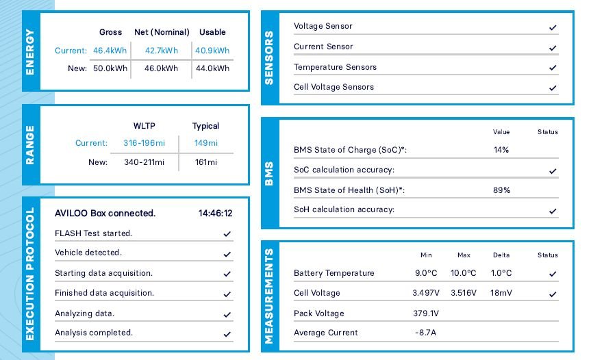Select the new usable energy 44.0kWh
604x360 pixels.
point(212,68)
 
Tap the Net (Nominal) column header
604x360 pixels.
point(162,32)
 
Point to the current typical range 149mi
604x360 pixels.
point(205,143)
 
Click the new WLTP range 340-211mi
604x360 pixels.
point(144,162)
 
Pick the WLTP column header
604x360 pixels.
point(144,126)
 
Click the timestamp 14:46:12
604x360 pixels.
point(216,213)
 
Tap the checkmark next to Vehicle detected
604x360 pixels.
point(227,253)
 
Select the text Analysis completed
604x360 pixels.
point(94,333)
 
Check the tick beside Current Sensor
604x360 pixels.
point(552,48)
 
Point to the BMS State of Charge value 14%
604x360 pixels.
point(501,149)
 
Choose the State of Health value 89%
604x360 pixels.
point(501,190)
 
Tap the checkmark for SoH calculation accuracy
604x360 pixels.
point(552,211)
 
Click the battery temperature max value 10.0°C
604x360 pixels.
point(464,273)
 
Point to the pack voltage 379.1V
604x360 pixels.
point(426,313)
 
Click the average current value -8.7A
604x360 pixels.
point(426,333)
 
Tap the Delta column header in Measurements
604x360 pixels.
point(501,255)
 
